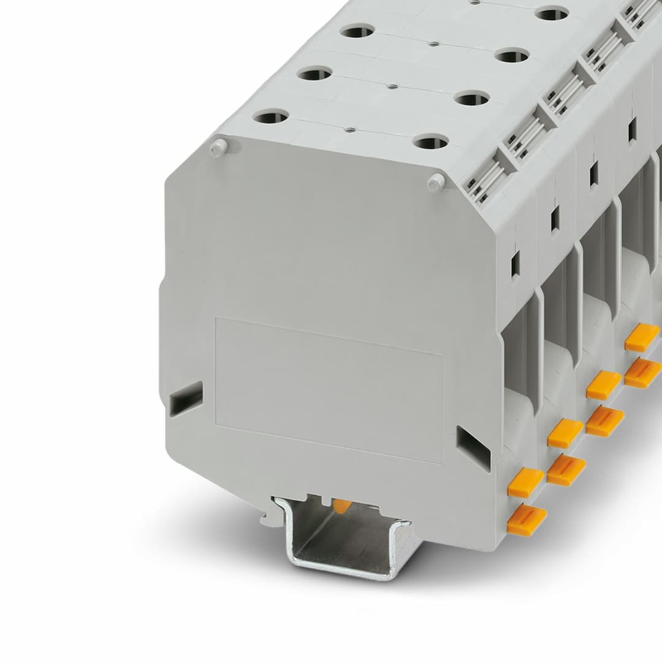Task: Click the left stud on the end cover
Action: tap(217, 147)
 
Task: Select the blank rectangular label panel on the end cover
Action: tap(329, 390)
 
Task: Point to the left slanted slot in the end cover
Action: tap(186, 398)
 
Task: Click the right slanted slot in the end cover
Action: tap(473, 448)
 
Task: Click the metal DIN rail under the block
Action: tap(343, 539)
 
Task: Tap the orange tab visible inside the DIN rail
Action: tap(342, 506)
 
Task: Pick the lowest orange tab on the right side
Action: tap(527, 520)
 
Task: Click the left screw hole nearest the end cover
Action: tap(271, 116)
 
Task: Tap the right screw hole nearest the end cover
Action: tap(430, 142)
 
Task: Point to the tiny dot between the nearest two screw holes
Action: tap(349, 129)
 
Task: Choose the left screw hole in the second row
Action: tap(314, 74)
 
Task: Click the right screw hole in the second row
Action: tap(472, 98)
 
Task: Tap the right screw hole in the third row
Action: tap(512, 56)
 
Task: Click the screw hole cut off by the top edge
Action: tap(552, 13)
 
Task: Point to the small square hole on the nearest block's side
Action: tap(515, 263)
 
